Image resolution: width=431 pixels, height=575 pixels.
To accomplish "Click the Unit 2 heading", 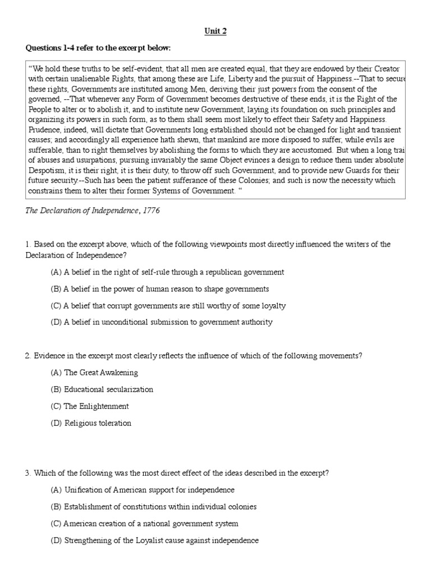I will [x=215, y=31].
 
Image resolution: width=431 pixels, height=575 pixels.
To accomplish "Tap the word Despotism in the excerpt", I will [x=44, y=170].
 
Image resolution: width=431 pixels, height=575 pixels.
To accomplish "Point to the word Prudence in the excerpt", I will [x=44, y=130].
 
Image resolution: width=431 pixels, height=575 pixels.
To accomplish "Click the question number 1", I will [x=27, y=244].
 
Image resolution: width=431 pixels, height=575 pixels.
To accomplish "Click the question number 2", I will [x=27, y=356].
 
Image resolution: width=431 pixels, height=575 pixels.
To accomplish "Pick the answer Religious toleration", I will [x=91, y=423].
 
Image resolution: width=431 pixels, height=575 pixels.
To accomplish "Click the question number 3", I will [x=27, y=473].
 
